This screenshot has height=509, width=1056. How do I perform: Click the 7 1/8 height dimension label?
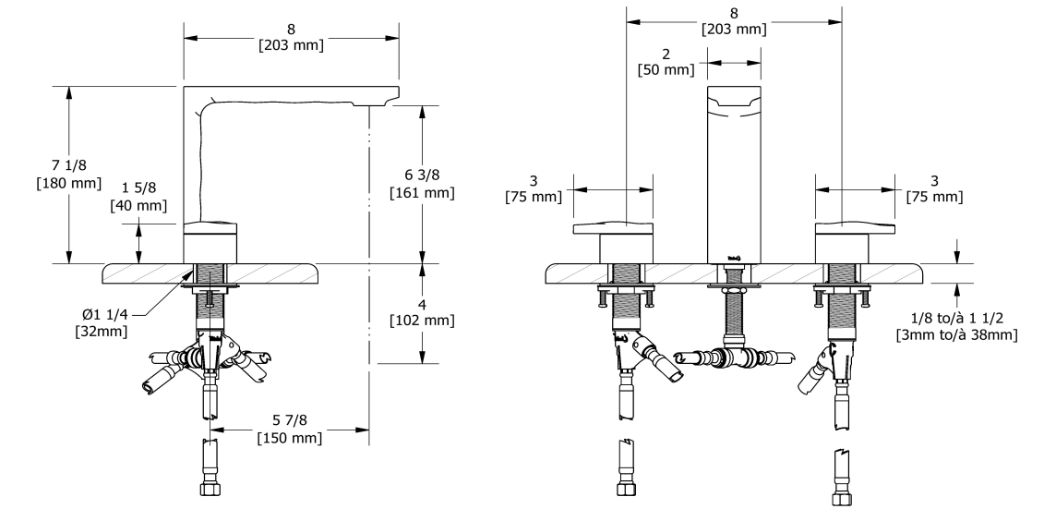69,165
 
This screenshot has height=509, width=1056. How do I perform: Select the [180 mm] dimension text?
69,183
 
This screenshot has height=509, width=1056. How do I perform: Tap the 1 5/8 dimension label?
138,188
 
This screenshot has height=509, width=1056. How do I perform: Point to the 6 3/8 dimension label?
422,176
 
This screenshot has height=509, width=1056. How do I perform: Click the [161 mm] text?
422,193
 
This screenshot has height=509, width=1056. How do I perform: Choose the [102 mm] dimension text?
422,321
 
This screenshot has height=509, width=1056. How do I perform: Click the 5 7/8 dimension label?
290,420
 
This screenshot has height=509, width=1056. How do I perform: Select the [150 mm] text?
290,438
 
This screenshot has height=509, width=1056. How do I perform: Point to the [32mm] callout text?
101,331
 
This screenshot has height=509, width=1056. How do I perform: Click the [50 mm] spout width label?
666,69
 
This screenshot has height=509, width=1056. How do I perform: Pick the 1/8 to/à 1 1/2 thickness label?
956,318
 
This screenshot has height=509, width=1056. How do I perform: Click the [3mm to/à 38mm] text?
956,334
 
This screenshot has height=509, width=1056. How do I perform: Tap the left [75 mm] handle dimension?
534,197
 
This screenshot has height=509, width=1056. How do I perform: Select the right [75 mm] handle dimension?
934,197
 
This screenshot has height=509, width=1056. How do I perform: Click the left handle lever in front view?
613,228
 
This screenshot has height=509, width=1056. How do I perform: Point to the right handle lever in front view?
856,228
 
